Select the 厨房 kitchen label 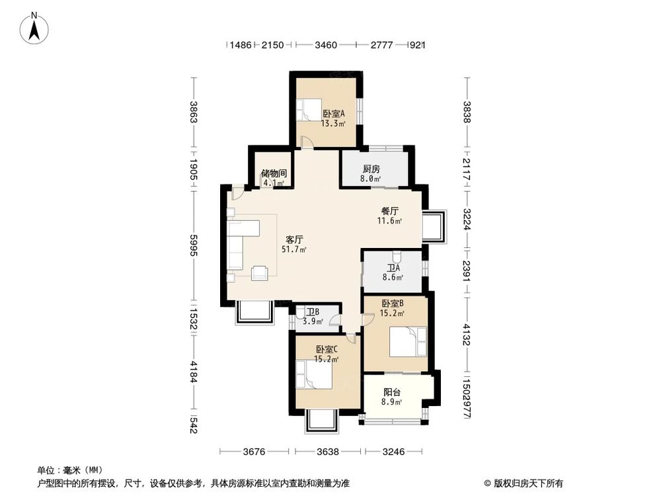371,169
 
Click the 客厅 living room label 294,239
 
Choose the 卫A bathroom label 394,269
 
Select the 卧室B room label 393,304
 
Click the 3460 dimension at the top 326,45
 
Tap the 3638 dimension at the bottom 328,452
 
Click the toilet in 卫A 397,256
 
